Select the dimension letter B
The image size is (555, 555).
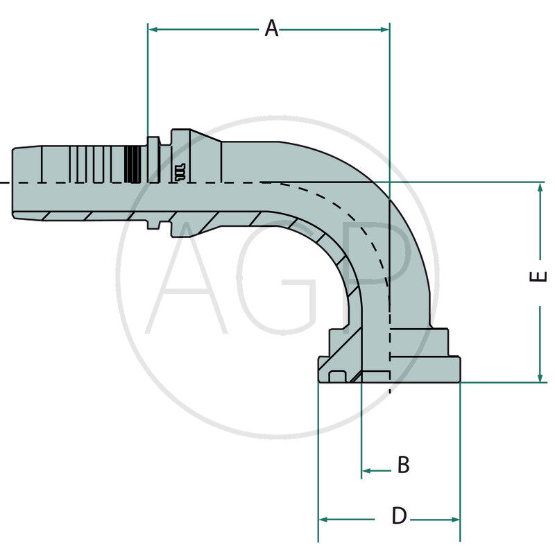[403, 465]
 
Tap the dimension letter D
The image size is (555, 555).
[399, 516]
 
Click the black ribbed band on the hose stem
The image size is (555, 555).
[133, 165]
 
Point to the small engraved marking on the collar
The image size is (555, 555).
[179, 172]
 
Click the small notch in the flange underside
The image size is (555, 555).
[338, 377]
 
